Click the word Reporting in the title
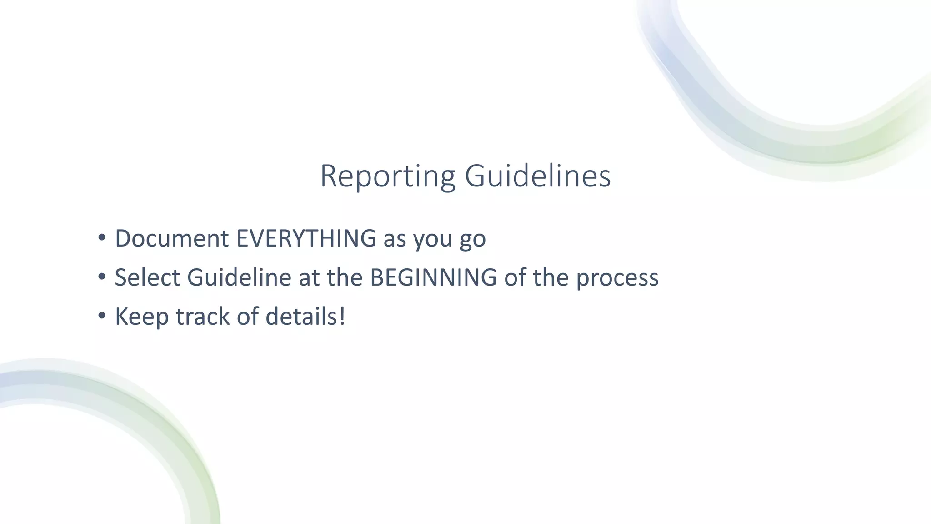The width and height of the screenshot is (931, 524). [x=388, y=176]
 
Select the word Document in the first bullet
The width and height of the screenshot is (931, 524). [x=172, y=238]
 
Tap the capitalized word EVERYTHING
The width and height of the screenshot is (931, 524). [x=306, y=238]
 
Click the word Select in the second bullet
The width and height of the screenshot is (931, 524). [x=147, y=277]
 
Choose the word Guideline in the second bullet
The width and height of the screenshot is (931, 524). [x=239, y=277]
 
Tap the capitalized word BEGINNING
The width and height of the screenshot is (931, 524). [x=433, y=277]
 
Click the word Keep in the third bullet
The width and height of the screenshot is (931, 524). [x=141, y=317]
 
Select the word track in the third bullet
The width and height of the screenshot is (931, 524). [x=202, y=317]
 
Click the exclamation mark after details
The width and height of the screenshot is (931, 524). [x=342, y=317]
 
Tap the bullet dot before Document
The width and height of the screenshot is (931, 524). [x=102, y=237]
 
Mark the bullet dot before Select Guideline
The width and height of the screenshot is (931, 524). [x=102, y=277]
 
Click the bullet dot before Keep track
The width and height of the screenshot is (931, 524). [x=102, y=315]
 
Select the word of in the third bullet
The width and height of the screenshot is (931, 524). [x=247, y=317]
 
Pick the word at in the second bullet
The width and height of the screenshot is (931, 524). [x=309, y=278]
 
